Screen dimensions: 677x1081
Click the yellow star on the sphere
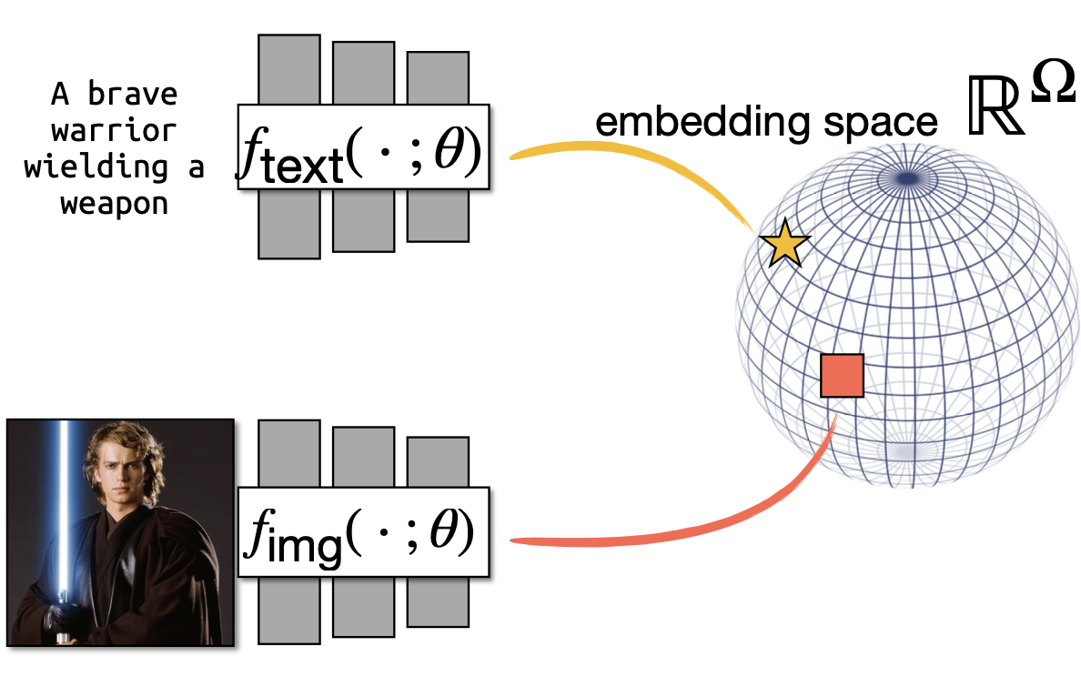pyautogui.click(x=784, y=245)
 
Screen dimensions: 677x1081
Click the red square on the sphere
pyautogui.click(x=842, y=376)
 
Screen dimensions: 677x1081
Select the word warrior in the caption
pyautogui.click(x=114, y=130)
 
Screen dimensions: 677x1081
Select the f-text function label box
pyautogui.click(x=363, y=147)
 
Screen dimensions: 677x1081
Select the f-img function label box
pyautogui.click(x=363, y=532)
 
